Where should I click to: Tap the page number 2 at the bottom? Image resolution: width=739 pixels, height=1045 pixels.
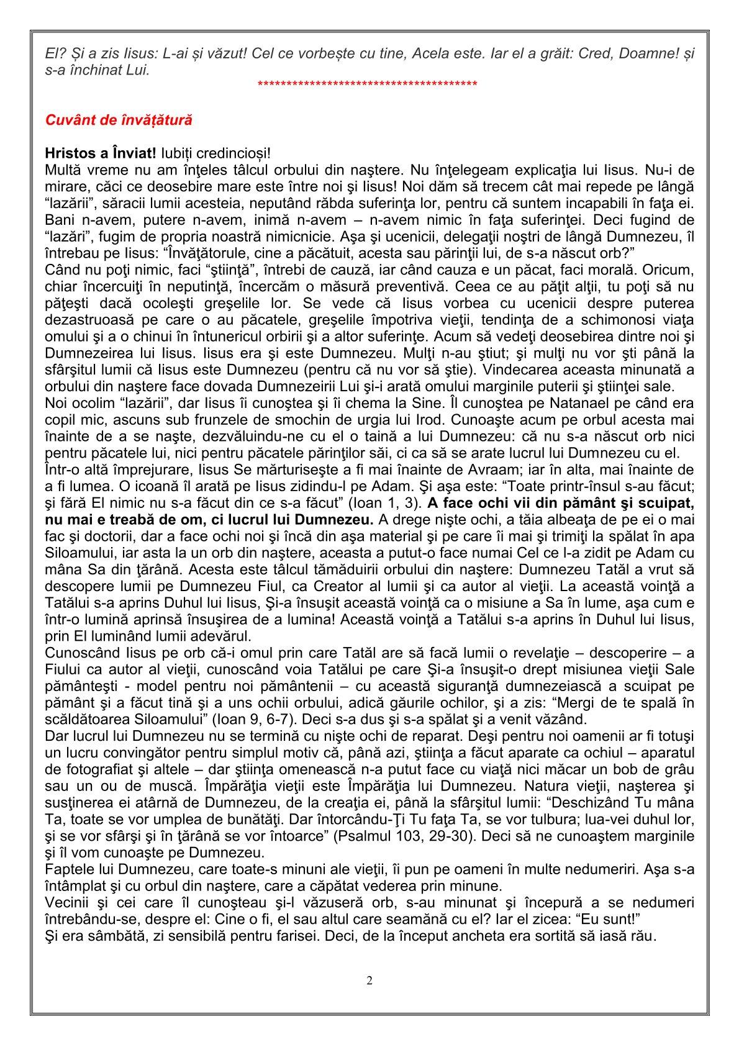369,981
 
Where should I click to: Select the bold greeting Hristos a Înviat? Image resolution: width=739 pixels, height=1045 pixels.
101,153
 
